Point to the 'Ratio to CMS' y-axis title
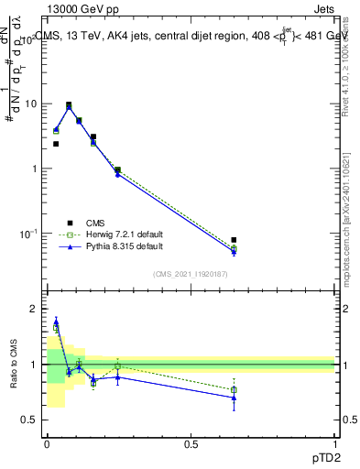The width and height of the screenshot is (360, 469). tap(14, 364)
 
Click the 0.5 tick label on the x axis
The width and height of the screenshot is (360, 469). tap(191, 444)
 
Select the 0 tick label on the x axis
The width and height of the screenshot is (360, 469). tap(47, 444)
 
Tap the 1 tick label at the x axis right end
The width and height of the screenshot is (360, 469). tap(334, 444)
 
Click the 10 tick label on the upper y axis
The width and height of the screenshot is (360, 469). tap(30, 104)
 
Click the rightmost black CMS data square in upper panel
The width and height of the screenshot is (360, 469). tap(234, 240)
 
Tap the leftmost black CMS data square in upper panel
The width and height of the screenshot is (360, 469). tap(56, 144)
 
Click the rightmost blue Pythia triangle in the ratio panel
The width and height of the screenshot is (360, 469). tap(234, 397)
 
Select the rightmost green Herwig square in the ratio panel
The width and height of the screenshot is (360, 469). tap(234, 390)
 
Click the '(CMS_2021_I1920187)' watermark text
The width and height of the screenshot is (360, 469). tap(190, 274)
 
